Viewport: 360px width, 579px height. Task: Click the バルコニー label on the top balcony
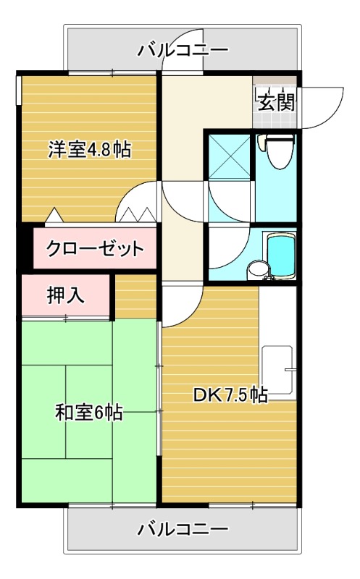(x=183, y=51)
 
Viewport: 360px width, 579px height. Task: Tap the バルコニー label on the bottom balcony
(x=183, y=529)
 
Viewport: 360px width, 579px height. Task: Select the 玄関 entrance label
(x=276, y=102)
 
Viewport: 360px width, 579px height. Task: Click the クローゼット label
(x=94, y=250)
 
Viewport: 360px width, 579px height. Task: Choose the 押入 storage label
(x=66, y=295)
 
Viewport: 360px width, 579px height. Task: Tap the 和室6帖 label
(x=88, y=413)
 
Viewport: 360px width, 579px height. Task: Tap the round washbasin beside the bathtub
(x=256, y=270)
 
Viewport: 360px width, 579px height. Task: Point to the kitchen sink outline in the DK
(x=277, y=371)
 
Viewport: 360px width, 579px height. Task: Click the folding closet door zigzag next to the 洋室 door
(x=138, y=214)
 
